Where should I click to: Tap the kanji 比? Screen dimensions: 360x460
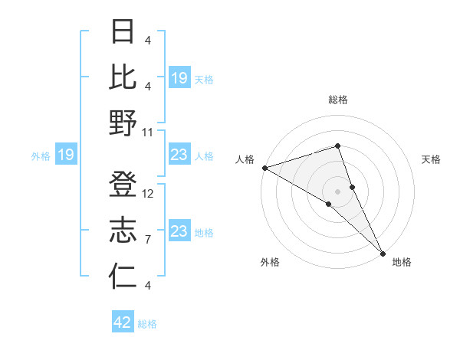tap(123, 77)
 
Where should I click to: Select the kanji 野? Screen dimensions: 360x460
tap(123, 123)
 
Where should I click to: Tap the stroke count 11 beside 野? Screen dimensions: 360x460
tap(149, 132)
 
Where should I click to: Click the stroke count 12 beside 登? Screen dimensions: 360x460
tap(149, 194)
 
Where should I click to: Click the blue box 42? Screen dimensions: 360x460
tap(123, 322)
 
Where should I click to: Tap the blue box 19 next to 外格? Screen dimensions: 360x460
tap(65, 155)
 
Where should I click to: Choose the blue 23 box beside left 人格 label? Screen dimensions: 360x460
tap(179, 155)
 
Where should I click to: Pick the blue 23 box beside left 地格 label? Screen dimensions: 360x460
tap(179, 231)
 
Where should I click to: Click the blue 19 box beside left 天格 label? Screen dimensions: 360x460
tap(179, 78)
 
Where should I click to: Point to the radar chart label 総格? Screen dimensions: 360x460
tap(337, 100)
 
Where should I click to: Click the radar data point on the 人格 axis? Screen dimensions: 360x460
tap(264, 167)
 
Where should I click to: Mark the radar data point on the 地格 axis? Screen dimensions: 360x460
tap(383, 252)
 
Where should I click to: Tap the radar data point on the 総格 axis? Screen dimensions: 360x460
tap(337, 146)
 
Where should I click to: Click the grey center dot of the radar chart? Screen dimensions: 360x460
tap(337, 191)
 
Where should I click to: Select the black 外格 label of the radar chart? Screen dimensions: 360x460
tap(270, 262)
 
